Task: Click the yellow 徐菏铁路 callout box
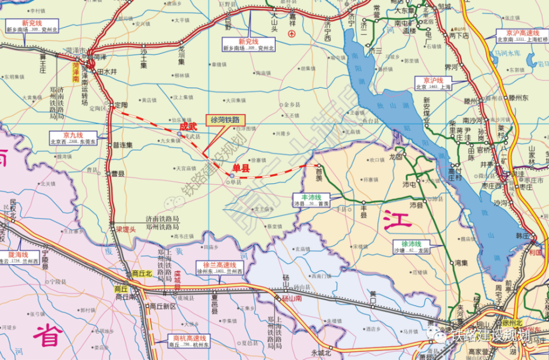coord(225,119)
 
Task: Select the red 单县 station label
coord(242,169)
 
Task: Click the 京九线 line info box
coord(72,138)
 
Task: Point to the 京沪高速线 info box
coord(522,36)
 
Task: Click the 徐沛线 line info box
coord(411,246)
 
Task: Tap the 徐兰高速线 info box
coord(220,268)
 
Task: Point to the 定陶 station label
coord(121,105)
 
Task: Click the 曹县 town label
coord(117,173)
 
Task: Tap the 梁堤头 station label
coord(125,229)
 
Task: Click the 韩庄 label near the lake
coord(522,235)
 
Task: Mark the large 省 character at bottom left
coord(48,335)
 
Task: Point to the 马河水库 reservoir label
coord(507,53)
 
